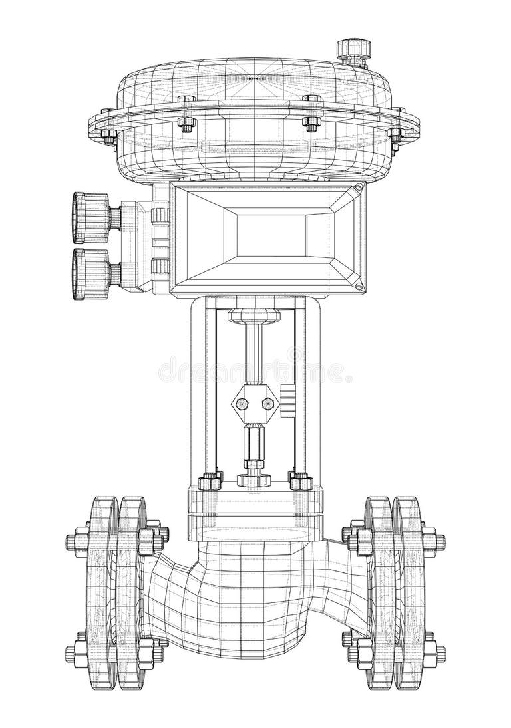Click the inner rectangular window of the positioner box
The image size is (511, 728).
point(273,237)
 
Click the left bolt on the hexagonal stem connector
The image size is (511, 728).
point(240,404)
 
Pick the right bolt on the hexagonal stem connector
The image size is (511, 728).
point(267,404)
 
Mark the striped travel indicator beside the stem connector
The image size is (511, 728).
point(287,401)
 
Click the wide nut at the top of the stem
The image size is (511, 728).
point(254,314)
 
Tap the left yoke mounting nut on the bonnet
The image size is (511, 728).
point(210,480)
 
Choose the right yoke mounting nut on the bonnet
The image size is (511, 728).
point(299,480)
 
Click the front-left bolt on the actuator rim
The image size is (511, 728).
point(186,122)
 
